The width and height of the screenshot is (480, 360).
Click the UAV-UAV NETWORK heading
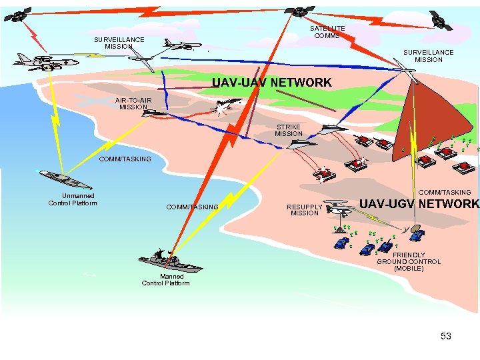point(271,83)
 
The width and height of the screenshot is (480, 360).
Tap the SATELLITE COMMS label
point(327,31)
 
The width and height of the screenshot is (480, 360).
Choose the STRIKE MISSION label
point(289,130)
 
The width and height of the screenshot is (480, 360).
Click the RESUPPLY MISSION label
point(305,209)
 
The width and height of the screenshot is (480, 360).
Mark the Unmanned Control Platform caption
point(73,199)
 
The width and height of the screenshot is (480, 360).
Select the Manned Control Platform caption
point(165,279)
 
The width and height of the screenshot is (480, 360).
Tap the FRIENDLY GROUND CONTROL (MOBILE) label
point(409,261)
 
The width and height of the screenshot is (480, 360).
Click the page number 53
point(446,336)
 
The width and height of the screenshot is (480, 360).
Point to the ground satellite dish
point(416,233)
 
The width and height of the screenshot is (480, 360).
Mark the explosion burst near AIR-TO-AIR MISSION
point(219,107)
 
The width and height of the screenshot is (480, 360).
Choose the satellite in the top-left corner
point(20,14)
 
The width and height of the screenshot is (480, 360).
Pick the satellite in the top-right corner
point(441,19)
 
